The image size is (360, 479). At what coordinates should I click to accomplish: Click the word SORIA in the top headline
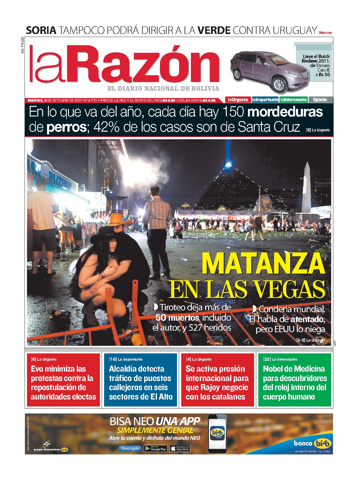(41, 30)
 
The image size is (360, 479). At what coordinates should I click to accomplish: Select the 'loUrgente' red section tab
(238, 100)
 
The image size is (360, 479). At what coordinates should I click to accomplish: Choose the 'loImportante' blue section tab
(265, 100)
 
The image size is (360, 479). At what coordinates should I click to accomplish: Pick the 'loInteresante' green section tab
(294, 100)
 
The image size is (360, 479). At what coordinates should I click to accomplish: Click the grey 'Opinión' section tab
(320, 100)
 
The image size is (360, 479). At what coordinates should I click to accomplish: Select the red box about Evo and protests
(63, 380)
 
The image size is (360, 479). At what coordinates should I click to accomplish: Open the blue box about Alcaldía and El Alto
(140, 380)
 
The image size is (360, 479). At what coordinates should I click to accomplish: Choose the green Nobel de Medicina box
(294, 380)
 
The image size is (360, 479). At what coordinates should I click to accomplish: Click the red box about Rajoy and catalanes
(217, 380)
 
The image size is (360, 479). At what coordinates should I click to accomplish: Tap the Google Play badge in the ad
(155, 448)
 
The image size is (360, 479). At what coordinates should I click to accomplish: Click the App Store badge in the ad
(180, 448)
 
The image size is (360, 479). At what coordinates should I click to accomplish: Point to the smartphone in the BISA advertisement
(217, 433)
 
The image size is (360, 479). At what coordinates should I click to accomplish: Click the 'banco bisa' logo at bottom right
(312, 444)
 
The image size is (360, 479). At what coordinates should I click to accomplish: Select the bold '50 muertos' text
(177, 318)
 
